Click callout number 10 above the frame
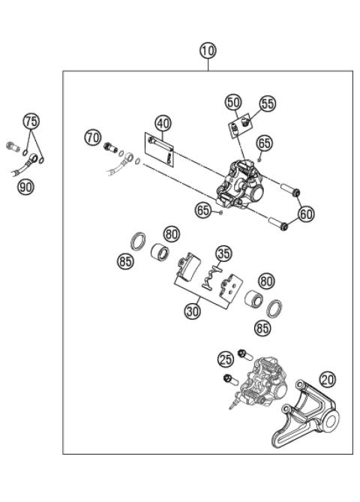[208, 51]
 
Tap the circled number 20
[327, 380]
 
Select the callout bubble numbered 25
[226, 359]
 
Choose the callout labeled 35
[222, 253]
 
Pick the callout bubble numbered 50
[233, 102]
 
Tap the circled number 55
[268, 103]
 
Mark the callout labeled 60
[306, 214]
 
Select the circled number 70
[92, 138]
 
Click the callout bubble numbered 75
[31, 122]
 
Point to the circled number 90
[25, 187]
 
